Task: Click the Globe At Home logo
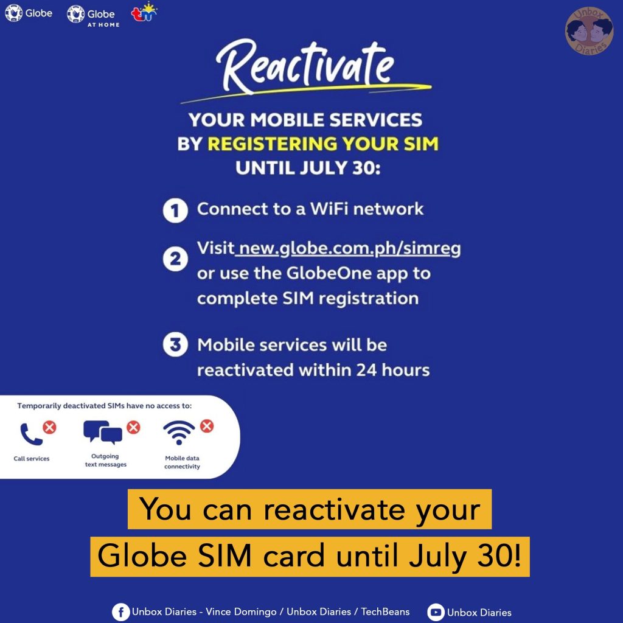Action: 93,15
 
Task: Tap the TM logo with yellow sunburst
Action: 144,13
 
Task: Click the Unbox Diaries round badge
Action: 588,30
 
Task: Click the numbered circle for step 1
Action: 174,211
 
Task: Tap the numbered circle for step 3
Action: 174,346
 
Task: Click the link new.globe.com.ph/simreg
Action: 350,249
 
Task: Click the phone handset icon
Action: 30,434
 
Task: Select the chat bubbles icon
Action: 102,432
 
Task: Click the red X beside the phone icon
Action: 49,427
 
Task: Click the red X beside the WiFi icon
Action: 207,426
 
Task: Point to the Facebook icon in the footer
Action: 120,611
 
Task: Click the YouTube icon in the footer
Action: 436,612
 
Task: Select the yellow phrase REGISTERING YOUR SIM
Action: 322,144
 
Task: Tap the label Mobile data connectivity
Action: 183,462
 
